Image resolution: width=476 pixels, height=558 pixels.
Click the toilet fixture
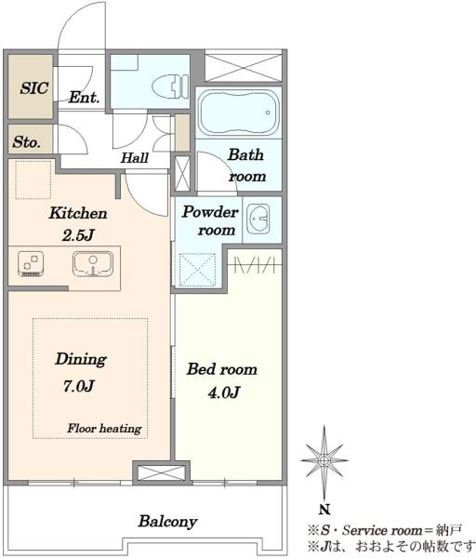click(x=170, y=86)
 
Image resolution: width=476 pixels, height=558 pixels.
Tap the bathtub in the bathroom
click(x=239, y=113)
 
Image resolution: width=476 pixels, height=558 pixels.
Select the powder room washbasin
click(x=258, y=219)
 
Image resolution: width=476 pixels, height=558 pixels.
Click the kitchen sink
click(x=93, y=264)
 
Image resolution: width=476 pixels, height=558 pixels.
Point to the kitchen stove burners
click(x=31, y=264)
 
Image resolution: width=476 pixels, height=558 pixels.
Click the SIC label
click(x=34, y=88)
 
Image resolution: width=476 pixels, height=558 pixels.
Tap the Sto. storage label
click(x=26, y=142)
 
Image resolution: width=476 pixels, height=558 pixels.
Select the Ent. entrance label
click(x=84, y=97)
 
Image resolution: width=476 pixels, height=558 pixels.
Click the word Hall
click(x=135, y=158)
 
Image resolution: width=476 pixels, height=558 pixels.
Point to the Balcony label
click(x=168, y=522)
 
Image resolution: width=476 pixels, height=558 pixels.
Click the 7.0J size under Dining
click(x=79, y=386)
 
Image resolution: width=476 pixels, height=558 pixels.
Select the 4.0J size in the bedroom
click(x=223, y=392)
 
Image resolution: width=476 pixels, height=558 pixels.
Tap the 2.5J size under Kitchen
click(x=78, y=235)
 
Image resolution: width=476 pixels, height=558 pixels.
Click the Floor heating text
click(x=104, y=428)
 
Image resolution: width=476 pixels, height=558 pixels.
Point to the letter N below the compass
click(x=324, y=510)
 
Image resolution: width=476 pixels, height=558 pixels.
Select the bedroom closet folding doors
click(x=255, y=265)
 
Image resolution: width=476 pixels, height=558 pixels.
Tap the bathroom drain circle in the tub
click(x=268, y=113)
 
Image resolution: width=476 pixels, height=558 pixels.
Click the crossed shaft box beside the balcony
click(x=161, y=473)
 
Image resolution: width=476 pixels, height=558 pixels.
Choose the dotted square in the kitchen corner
click(x=33, y=179)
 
